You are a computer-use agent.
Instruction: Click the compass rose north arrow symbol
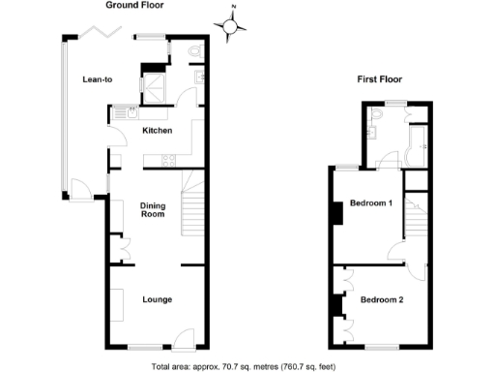click(230, 25)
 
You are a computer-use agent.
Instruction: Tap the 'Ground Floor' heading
click(133, 5)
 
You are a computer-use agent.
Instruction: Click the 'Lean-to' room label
click(98, 79)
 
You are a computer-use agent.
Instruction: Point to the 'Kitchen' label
click(158, 130)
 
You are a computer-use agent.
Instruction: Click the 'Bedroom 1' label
click(370, 203)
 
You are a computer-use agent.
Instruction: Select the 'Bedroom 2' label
click(382, 299)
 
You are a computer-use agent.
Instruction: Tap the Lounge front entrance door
click(182, 339)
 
